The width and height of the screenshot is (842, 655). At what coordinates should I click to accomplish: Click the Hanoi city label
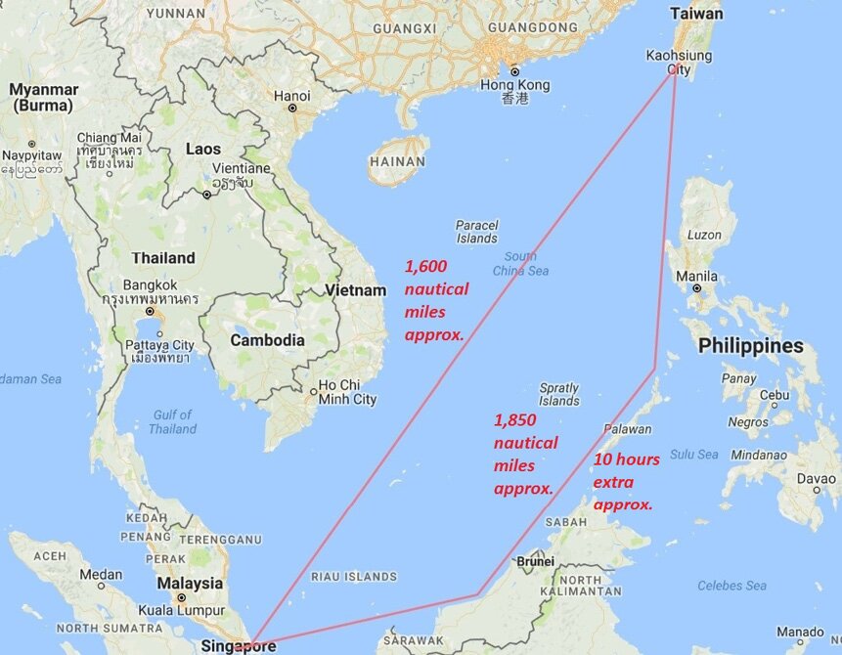[292, 96]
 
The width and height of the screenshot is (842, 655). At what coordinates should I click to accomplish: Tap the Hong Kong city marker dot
[514, 70]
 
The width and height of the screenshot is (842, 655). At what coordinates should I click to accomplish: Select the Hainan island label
[398, 161]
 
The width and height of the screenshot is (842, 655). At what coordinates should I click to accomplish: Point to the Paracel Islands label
[476, 232]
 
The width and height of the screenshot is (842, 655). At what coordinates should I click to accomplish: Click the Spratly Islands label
[559, 394]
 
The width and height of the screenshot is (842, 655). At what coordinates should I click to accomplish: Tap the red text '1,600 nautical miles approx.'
[436, 299]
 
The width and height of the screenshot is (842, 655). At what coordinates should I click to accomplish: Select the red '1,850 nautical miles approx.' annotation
[525, 454]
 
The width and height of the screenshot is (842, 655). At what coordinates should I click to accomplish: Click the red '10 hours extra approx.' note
[626, 481]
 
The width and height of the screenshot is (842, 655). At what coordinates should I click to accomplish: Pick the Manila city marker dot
[696, 288]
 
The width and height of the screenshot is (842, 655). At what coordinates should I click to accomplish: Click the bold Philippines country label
[750, 346]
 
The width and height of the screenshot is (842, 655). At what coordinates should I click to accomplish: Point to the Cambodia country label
[267, 340]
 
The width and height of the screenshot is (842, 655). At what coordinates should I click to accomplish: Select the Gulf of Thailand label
[173, 421]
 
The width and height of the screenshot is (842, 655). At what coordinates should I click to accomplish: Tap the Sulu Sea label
[694, 455]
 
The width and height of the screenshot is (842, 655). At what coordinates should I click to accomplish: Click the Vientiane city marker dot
[206, 194]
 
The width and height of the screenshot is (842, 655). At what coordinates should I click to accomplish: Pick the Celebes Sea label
[731, 586]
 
